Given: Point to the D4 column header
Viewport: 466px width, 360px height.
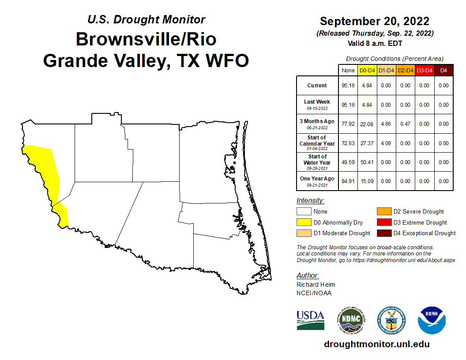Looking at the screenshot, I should (443, 70).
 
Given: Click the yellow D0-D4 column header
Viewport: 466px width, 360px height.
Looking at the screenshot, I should (367, 70).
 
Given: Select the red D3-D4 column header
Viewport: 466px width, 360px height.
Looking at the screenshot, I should (424, 70).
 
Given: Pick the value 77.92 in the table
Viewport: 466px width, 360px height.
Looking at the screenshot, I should (348, 124).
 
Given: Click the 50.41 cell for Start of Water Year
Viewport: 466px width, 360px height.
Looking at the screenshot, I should (367, 162).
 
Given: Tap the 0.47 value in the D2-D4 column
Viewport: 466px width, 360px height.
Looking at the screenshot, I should (405, 124).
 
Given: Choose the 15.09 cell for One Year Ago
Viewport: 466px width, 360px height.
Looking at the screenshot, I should (367, 181).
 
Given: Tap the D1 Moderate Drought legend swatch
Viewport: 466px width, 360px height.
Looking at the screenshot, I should (303, 233).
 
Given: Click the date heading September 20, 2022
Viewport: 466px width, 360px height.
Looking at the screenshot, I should (375, 21).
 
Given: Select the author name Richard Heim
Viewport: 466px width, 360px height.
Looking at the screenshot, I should (316, 285).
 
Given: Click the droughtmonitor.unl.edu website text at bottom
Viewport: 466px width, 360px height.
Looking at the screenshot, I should (376, 344).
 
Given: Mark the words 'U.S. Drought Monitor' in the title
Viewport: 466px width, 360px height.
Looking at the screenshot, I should (146, 19).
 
